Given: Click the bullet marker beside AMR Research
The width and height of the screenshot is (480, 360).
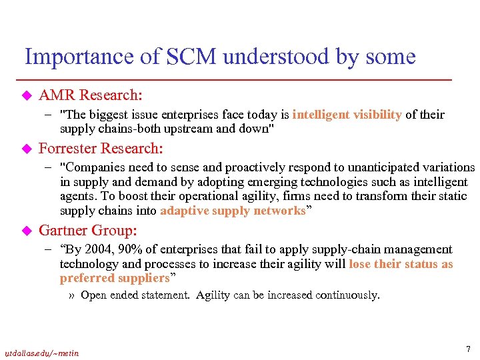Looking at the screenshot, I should [27, 96].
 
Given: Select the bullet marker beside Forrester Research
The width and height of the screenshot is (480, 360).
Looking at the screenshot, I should [27, 149].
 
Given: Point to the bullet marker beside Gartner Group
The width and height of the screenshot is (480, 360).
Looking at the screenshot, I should [27, 231].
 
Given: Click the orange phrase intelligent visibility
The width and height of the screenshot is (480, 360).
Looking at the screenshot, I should [347, 114].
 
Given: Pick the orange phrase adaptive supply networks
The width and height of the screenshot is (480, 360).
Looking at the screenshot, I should [232, 211].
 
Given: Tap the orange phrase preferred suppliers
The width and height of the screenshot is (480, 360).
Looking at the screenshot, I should [115, 278].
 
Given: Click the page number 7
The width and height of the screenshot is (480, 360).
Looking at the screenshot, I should [468, 349].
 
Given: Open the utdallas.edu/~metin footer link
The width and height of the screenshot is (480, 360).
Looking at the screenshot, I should [41, 353].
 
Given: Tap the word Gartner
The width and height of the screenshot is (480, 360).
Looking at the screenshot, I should [65, 231].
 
